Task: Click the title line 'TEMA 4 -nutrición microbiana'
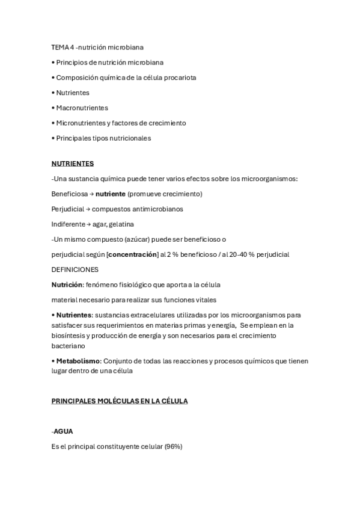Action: (97, 47)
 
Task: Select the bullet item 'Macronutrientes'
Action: (82, 108)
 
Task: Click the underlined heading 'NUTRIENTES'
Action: (73, 164)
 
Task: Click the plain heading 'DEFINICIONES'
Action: (75, 269)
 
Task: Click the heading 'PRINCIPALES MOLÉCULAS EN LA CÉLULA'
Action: (120, 401)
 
